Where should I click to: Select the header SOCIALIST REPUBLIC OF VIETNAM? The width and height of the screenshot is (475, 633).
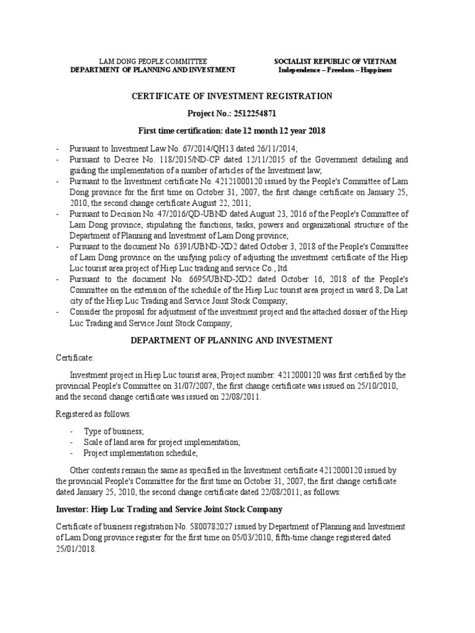335,61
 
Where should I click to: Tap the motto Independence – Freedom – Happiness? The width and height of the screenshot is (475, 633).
335,70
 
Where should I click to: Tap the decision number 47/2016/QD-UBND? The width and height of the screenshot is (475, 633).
189,213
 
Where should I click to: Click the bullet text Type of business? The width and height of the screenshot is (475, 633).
114,430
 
